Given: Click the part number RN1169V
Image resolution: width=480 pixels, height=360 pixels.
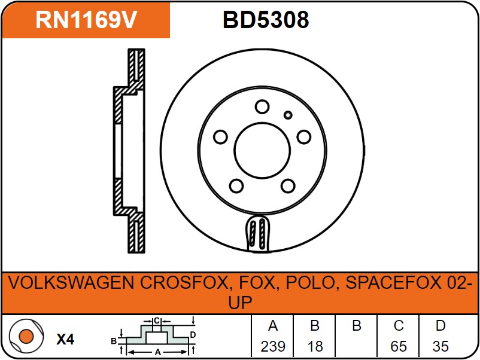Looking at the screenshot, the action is point(86,20).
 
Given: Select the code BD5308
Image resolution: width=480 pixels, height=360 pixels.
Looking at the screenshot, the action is point(266,20).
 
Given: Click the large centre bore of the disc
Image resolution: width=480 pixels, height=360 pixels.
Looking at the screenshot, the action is point(262,150).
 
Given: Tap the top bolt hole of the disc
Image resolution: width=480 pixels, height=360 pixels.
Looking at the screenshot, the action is point(262,107).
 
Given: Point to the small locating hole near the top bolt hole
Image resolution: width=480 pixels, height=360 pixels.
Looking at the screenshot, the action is point(288,115).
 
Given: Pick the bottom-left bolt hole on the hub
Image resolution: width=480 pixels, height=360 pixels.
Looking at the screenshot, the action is point(236,185).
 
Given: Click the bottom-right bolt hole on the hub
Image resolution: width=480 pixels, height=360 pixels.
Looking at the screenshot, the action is point(288,185).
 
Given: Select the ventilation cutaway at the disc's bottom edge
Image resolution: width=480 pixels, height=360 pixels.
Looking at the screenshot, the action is point(258,234).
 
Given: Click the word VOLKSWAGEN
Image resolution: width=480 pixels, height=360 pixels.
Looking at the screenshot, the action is point(71,283).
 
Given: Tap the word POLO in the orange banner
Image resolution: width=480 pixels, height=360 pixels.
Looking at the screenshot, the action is point(310,283).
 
